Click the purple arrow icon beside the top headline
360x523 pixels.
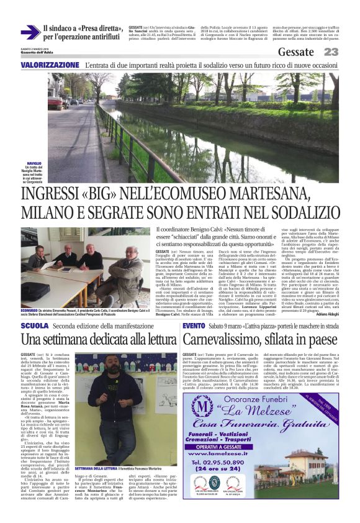pos(30,32)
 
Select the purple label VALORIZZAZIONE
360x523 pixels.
pos(50,65)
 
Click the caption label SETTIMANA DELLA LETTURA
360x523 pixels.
pos(96,468)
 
